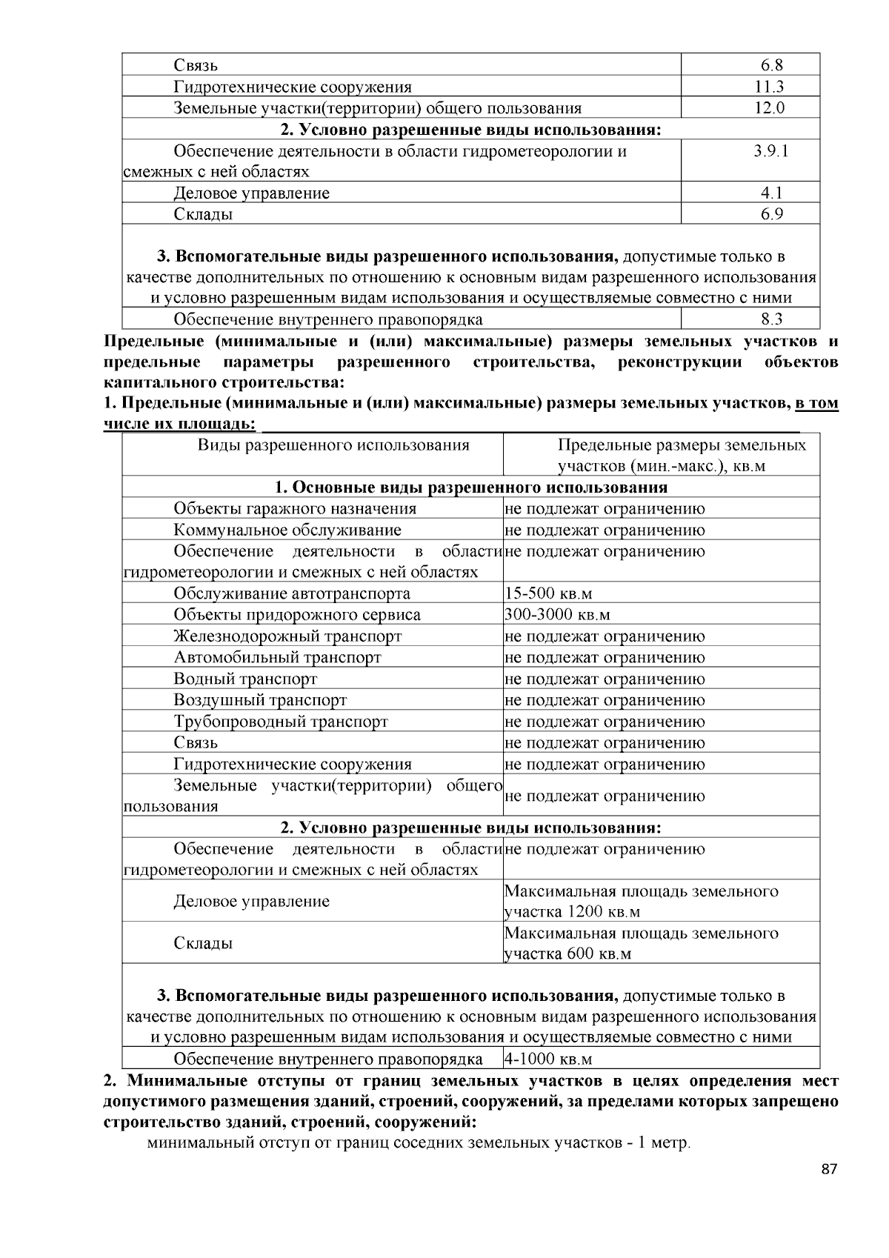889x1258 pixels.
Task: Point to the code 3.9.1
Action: [x=770, y=151]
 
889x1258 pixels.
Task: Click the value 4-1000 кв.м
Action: [x=548, y=1059]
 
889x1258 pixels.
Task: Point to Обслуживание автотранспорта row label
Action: [x=292, y=593]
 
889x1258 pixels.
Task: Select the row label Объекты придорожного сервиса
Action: [x=297, y=615]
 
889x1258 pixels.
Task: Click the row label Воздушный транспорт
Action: [x=260, y=700]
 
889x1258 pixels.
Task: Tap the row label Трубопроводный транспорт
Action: [x=281, y=722]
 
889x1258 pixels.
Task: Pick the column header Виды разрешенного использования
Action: [x=333, y=445]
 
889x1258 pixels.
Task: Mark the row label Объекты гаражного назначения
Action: [x=295, y=508]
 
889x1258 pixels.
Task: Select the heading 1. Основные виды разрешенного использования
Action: [x=470, y=487]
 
